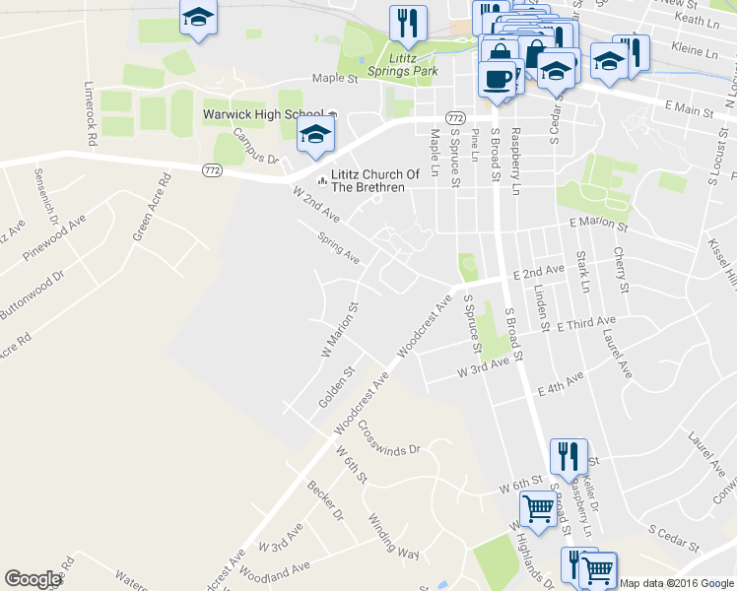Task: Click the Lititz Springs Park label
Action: [402, 65]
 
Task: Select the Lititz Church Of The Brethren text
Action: [368, 180]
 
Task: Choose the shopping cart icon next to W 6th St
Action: [538, 508]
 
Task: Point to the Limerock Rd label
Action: [91, 112]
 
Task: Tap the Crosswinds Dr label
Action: [389, 438]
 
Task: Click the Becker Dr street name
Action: [325, 500]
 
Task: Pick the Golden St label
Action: [337, 388]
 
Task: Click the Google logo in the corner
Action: [33, 579]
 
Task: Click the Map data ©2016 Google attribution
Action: [677, 583]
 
